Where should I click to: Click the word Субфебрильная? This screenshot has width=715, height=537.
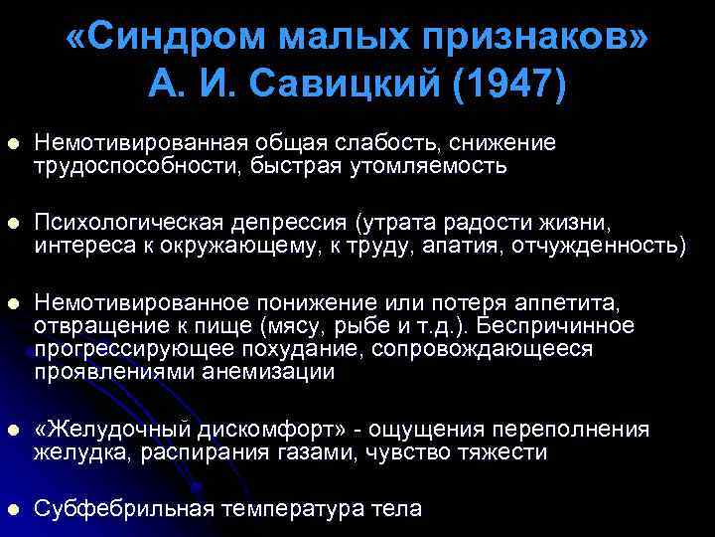tap(124, 508)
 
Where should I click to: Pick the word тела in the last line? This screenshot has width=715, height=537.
tap(397, 508)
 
